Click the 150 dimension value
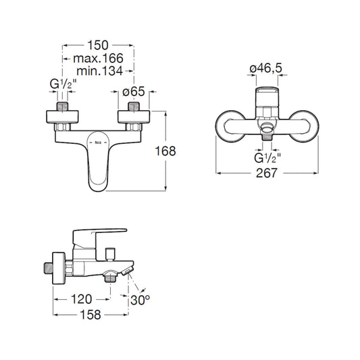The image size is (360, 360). tap(98, 45)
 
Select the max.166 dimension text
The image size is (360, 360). tap(98, 58)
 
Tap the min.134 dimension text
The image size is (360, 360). tap(99, 71)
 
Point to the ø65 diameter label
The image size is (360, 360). tap(134, 92)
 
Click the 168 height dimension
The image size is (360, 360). tap(165, 151)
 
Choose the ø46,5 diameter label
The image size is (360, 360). tap(266, 68)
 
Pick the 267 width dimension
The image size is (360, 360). tap(267, 173)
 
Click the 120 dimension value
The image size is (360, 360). tap(81, 299)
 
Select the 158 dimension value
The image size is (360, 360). tap(91, 315)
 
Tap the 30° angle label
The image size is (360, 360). tap(140, 300)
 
